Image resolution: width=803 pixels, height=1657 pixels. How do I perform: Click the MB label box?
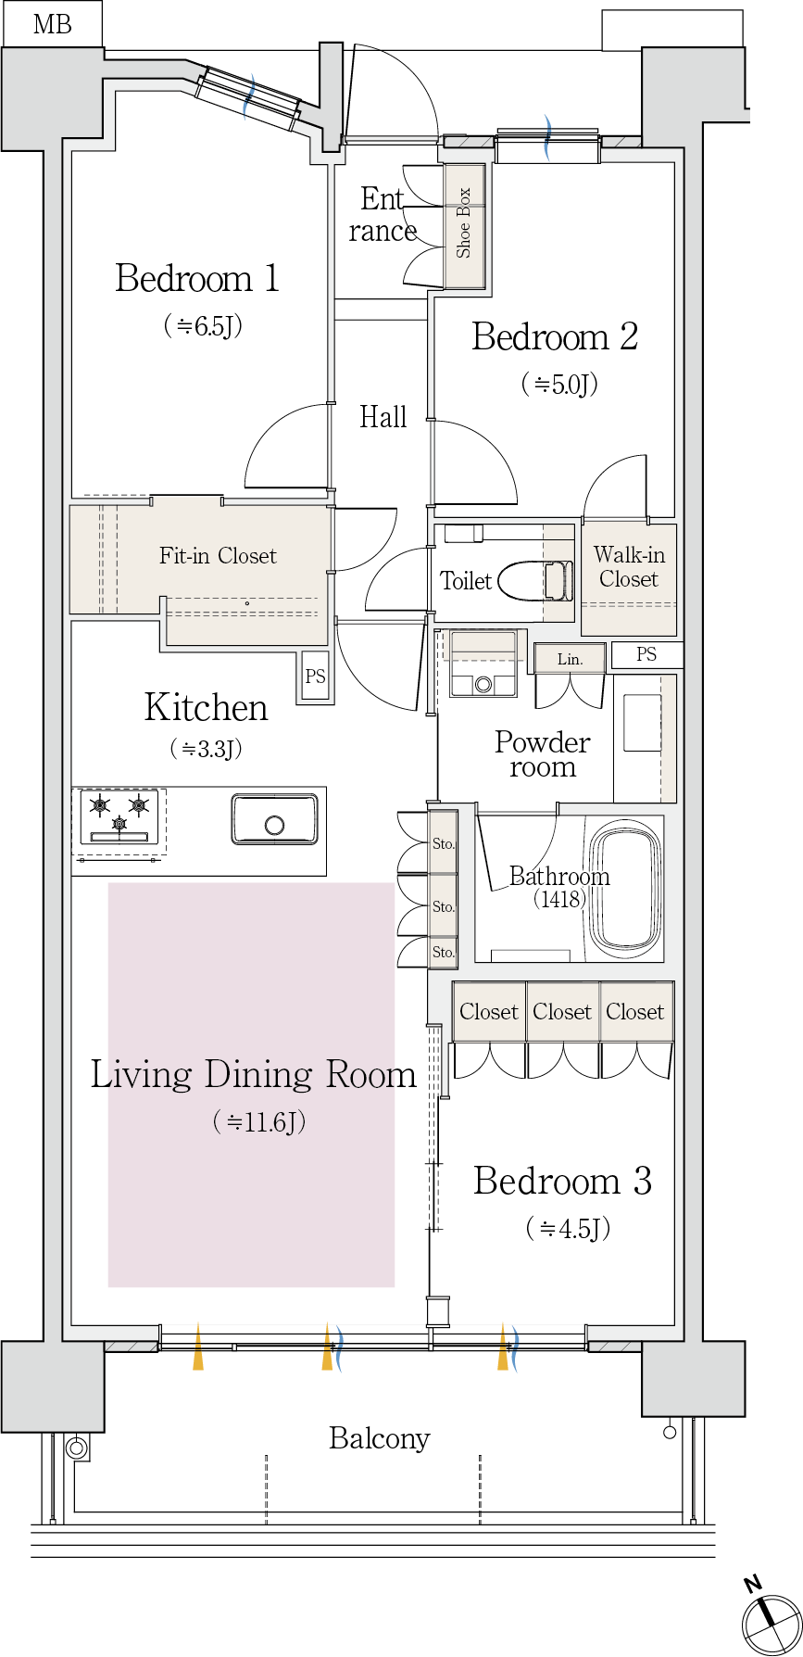click(x=52, y=24)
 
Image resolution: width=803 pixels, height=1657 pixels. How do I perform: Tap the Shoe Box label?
click(x=464, y=223)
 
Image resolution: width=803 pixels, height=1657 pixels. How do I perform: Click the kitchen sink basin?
click(x=274, y=818)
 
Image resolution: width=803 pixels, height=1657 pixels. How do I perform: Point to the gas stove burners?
click(x=119, y=816)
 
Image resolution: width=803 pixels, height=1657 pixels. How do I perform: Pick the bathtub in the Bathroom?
click(x=626, y=890)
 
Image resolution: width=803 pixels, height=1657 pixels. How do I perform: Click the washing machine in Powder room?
click(x=482, y=664)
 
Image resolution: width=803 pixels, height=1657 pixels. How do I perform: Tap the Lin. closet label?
click(x=571, y=660)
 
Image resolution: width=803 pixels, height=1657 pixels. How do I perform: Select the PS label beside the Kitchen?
click(x=316, y=677)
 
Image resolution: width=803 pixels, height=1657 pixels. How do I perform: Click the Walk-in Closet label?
click(x=629, y=567)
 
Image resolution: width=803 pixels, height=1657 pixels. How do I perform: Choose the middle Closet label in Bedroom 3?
click(x=562, y=1012)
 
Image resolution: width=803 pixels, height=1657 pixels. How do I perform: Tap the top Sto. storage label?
click(x=444, y=844)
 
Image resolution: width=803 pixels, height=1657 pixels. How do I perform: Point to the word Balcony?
click(x=380, y=1438)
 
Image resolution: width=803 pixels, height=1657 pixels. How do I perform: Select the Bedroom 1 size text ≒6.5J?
click(x=203, y=325)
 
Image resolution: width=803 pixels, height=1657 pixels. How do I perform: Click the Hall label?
click(x=383, y=417)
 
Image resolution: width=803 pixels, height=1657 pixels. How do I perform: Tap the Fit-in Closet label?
click(x=218, y=556)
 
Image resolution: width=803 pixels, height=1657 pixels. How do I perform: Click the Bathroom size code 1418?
click(x=560, y=899)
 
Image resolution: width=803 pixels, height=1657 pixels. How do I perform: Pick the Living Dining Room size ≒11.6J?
click(x=259, y=1122)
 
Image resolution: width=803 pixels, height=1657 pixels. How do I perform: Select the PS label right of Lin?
click(x=646, y=654)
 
